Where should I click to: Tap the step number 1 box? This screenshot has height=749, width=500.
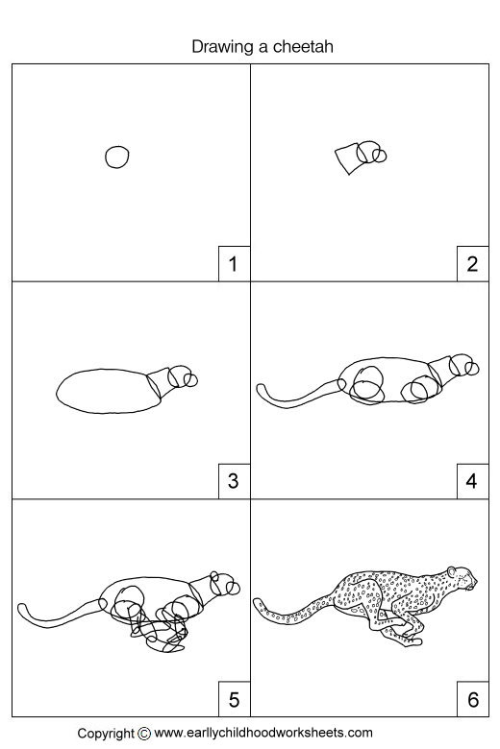[232, 263]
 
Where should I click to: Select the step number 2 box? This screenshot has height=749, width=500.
[471, 263]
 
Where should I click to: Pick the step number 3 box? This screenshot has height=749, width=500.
[232, 481]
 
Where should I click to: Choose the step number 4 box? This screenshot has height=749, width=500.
[471, 481]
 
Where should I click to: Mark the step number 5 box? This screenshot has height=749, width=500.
[232, 699]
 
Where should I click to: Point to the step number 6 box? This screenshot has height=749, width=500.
[471, 699]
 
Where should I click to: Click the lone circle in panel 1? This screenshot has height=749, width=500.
[117, 157]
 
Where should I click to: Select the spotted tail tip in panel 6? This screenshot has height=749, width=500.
[260, 603]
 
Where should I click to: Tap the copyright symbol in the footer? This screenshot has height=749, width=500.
[144, 733]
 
